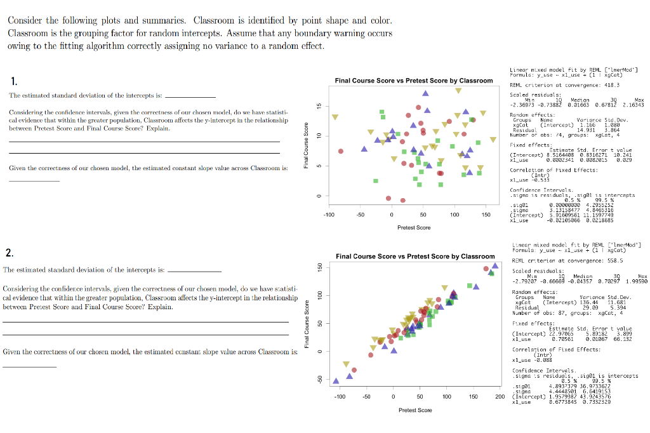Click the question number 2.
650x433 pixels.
coord(10,253)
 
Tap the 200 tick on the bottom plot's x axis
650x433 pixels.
coord(500,397)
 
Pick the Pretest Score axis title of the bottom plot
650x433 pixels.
coord(415,410)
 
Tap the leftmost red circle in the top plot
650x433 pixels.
coord(341,151)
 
